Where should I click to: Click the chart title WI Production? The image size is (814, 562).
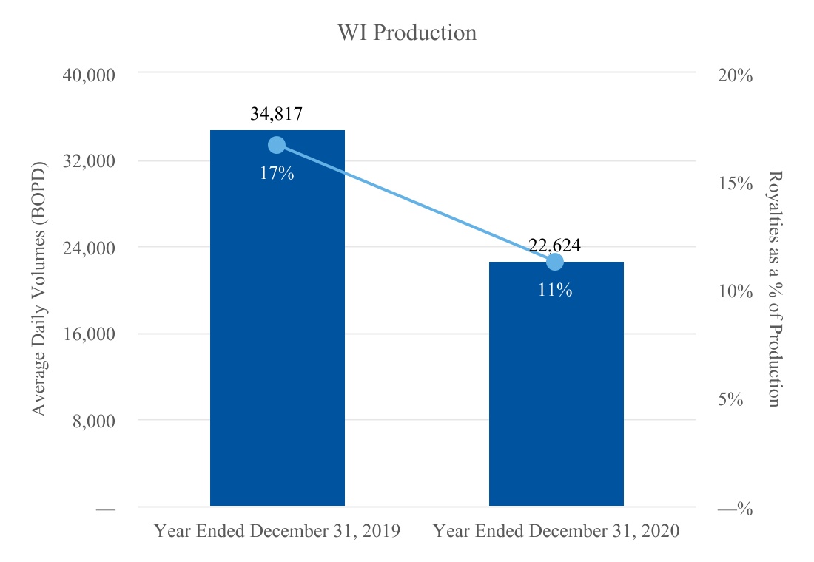coord(407,33)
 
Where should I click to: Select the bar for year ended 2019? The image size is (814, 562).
coord(277,317)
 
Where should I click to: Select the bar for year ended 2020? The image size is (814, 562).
coord(556,384)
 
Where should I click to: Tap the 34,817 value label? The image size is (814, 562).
coord(276,114)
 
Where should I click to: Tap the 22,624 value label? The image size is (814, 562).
coord(554,245)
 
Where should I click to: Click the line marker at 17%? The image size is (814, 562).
coord(277,145)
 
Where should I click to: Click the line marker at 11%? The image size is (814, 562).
coord(555,262)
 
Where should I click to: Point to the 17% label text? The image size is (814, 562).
coord(277,173)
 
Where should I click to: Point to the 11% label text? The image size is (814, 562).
coord(555,290)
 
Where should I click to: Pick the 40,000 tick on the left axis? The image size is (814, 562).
coord(89,75)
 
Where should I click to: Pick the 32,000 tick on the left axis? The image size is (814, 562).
coord(89,161)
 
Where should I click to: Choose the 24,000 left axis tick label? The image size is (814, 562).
coord(89,248)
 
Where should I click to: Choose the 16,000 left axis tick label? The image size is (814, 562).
coord(89,334)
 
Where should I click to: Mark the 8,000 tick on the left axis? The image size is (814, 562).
coord(93,421)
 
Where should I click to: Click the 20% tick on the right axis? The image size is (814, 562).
coord(735,75)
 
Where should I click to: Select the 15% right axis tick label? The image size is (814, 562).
coord(735,183)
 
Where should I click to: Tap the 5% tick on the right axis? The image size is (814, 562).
coord(730,399)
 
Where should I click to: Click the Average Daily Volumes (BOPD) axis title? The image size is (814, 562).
coord(39,289)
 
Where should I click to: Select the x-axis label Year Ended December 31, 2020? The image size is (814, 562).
coord(556,531)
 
